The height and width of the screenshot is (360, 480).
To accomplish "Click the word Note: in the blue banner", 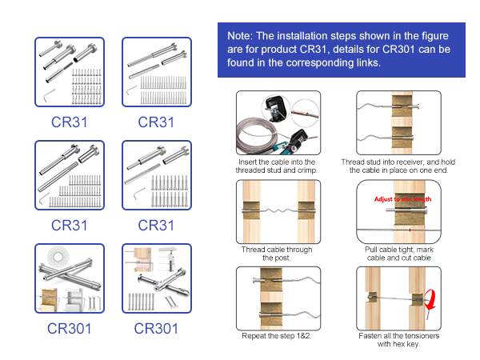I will [x=242, y=37].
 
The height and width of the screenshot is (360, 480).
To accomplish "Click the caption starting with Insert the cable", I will [x=277, y=166].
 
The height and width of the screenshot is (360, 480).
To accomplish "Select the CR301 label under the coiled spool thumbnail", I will [x=68, y=328].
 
